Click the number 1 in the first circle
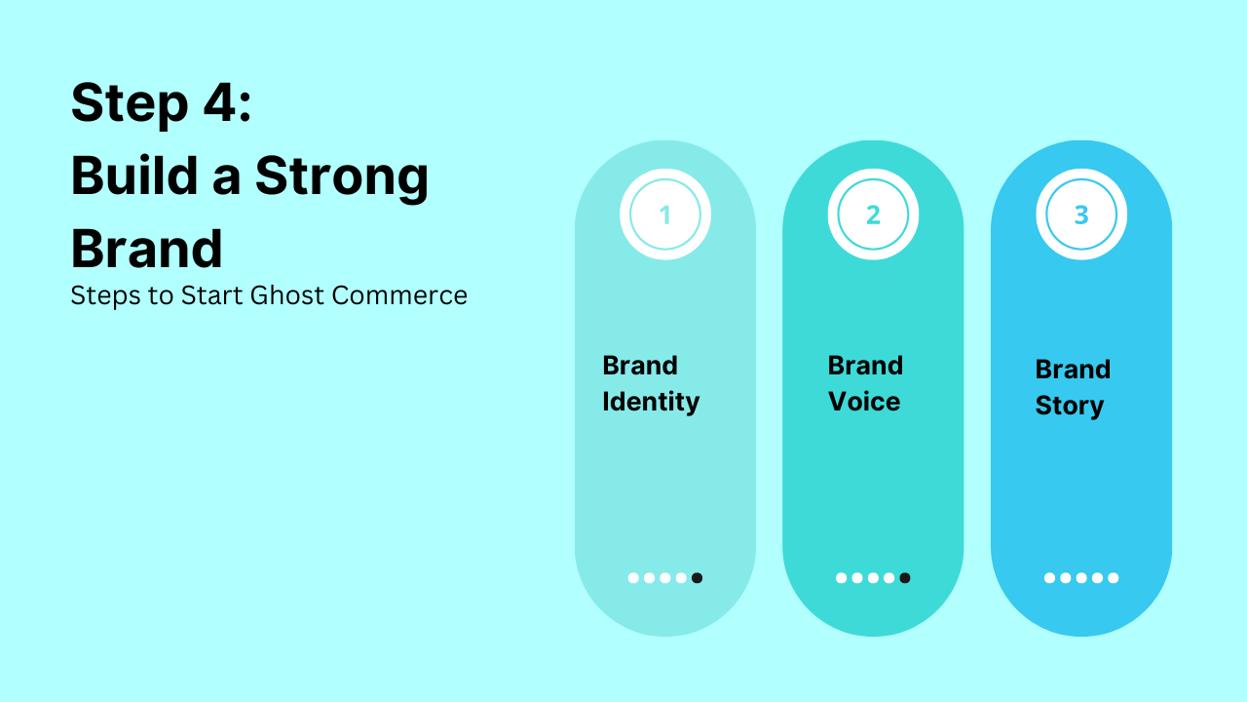point(665,215)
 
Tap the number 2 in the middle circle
point(873,215)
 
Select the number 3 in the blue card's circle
point(1081,215)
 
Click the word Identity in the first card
point(651,402)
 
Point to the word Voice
point(864,402)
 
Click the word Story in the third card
point(1069,406)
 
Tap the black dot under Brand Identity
point(697,578)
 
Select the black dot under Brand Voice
point(905,578)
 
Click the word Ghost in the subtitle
point(286,295)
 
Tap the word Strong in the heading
point(341,176)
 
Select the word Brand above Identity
point(640,366)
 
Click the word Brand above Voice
point(865,366)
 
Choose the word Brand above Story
point(1073,370)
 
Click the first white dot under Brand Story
point(1049,578)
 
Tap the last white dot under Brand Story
point(1114,578)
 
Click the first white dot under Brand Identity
point(633,578)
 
